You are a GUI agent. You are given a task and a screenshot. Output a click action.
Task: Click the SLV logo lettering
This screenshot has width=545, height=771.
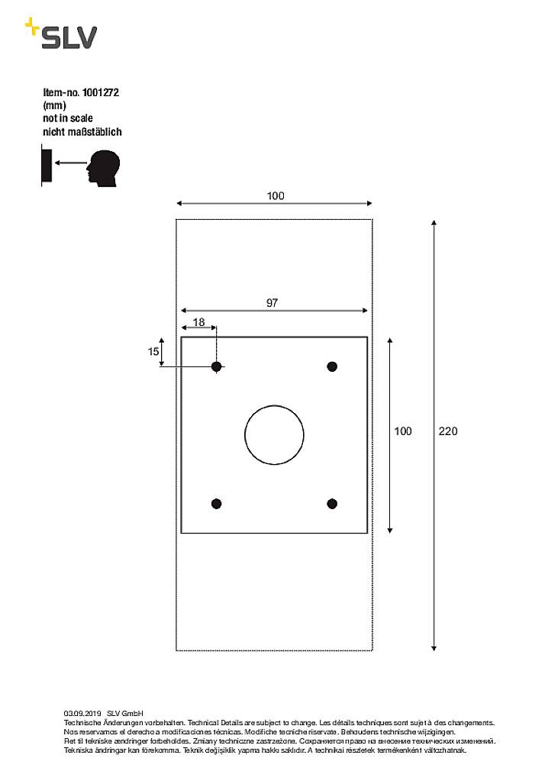point(69,37)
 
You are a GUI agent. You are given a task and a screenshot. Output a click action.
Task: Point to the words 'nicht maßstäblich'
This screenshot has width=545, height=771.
point(82,131)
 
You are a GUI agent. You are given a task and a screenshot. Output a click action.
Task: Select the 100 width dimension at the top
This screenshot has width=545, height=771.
point(276,196)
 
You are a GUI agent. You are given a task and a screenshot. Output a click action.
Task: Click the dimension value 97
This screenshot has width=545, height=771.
point(272,303)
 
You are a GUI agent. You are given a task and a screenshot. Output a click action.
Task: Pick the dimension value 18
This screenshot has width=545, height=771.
point(198,322)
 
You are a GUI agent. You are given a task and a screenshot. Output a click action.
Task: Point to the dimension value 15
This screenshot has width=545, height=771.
point(153,351)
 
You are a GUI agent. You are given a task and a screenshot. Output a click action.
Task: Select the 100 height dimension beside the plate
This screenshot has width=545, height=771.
point(402,431)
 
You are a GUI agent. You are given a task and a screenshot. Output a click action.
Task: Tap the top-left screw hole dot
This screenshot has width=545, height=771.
point(217,367)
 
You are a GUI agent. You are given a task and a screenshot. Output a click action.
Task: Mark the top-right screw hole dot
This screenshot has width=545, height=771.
point(332,367)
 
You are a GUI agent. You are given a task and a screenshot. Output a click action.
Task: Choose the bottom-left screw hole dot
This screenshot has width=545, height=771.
point(216,503)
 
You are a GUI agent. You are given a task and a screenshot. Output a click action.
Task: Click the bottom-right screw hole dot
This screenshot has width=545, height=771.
point(332,503)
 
